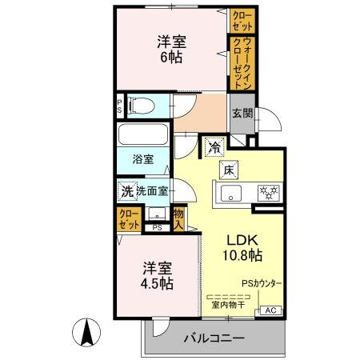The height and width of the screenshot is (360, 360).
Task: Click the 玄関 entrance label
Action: click(x=242, y=113)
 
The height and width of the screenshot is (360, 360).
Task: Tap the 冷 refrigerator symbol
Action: click(x=214, y=146)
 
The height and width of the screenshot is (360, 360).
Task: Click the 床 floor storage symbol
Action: click(x=228, y=168)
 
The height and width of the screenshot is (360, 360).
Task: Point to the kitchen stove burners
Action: click(x=266, y=192)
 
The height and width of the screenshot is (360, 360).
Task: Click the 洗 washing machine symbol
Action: click(x=126, y=191)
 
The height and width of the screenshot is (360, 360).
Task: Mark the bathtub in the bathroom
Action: click(x=142, y=134)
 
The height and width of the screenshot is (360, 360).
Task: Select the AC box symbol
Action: click(x=270, y=310)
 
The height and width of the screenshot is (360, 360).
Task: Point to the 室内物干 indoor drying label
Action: click(x=228, y=305)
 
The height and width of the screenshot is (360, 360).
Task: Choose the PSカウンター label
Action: click(x=262, y=283)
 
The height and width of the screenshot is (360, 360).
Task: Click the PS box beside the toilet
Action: click(x=120, y=105)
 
